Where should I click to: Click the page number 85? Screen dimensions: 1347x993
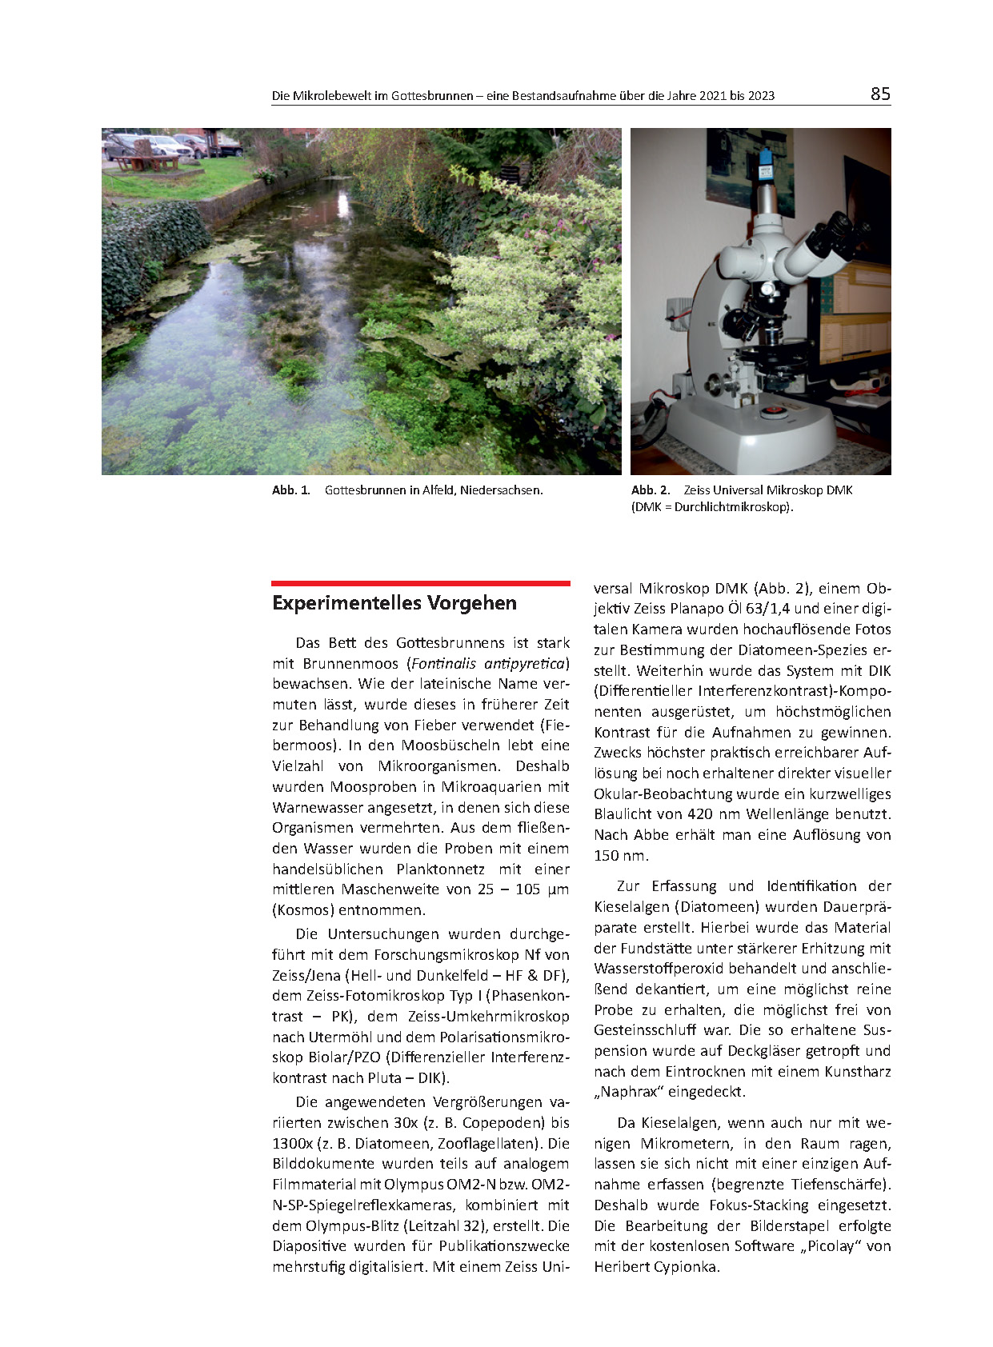(x=880, y=94)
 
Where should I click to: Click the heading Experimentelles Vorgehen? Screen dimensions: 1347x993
(x=394, y=603)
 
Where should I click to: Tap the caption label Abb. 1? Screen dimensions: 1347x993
(x=290, y=490)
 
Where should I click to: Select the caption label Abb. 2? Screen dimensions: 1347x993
(x=650, y=490)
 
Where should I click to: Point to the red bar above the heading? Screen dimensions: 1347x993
(x=420, y=584)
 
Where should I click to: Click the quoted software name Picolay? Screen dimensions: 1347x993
(x=830, y=1246)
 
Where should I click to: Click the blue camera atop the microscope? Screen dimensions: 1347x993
(x=766, y=163)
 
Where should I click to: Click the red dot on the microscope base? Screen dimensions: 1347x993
(x=772, y=411)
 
